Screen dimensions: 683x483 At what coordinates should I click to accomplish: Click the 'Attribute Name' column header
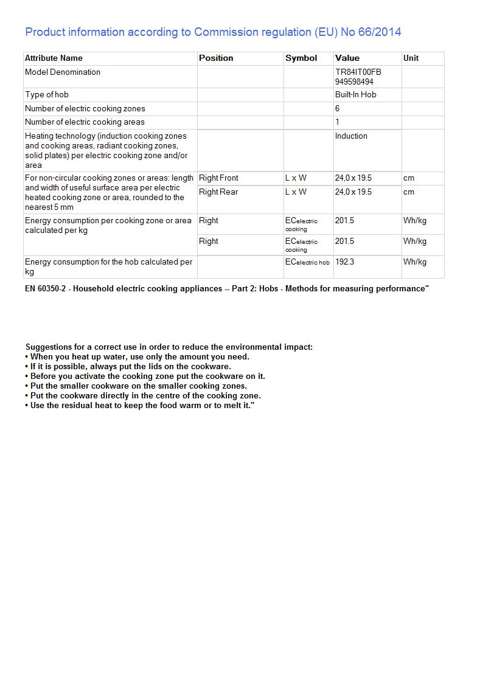pyautogui.click(x=54, y=58)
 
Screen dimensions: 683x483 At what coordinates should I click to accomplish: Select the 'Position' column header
pyautogui.click(x=216, y=58)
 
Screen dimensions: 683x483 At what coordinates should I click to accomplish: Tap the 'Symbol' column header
pyautogui.click(x=301, y=58)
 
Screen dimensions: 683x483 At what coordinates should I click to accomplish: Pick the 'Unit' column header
pyautogui.click(x=411, y=58)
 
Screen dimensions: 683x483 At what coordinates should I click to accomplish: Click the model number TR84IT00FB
pyautogui.click(x=358, y=72)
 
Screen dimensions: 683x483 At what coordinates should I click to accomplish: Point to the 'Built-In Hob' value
pyautogui.click(x=355, y=95)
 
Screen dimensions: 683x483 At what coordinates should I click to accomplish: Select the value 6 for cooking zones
pyautogui.click(x=338, y=109)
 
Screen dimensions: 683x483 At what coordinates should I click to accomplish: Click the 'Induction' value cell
pyautogui.click(x=351, y=136)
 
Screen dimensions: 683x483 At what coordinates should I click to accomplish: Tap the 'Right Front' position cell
pyautogui.click(x=218, y=178)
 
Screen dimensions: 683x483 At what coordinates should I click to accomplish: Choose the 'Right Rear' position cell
pyautogui.click(x=218, y=192)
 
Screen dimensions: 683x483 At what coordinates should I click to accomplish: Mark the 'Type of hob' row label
pyautogui.click(x=47, y=95)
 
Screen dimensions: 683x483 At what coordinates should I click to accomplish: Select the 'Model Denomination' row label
pyautogui.click(x=63, y=72)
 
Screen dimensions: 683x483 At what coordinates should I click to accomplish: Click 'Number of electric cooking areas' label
pyautogui.click(x=85, y=122)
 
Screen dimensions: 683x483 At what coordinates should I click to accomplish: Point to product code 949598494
pyautogui.click(x=354, y=81)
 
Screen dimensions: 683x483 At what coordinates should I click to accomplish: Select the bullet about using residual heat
pyautogui.click(x=140, y=406)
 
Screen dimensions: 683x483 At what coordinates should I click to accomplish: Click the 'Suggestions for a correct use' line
pyautogui.click(x=169, y=347)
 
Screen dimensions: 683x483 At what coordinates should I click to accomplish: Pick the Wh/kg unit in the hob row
pyautogui.click(x=414, y=262)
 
